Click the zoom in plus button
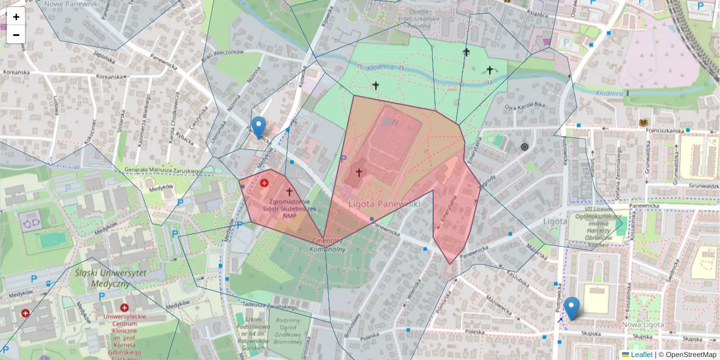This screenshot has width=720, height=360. (16, 17)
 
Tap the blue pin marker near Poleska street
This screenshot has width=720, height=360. (572, 308)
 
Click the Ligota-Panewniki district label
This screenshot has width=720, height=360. (384, 205)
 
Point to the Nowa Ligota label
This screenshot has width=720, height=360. (643, 325)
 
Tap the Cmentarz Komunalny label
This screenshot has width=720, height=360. (328, 245)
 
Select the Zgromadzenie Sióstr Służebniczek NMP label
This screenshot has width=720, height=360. (289, 209)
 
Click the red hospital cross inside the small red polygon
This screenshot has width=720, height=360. (264, 182)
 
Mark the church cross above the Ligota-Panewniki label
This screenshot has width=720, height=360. (359, 173)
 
